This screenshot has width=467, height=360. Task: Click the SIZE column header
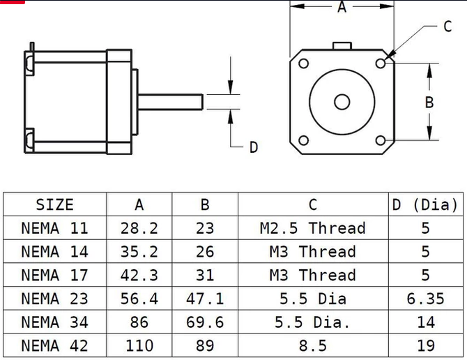(x=54, y=204)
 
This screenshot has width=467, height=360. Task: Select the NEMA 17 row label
(x=54, y=275)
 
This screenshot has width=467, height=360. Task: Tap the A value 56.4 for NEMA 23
(x=139, y=299)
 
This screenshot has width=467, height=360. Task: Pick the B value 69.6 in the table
(x=205, y=322)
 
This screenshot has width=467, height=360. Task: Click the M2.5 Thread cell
(x=312, y=228)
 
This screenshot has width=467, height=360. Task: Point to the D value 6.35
(x=425, y=299)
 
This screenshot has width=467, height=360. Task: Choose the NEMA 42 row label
(x=54, y=345)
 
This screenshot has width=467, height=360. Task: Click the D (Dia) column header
(x=425, y=204)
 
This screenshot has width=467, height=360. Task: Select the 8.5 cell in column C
(x=312, y=345)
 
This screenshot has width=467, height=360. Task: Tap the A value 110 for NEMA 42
(x=139, y=345)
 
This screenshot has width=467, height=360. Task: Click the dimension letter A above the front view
(x=342, y=8)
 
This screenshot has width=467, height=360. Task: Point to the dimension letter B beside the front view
(x=429, y=102)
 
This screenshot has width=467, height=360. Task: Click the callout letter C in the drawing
(x=447, y=27)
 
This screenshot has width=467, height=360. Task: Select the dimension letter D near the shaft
(x=254, y=147)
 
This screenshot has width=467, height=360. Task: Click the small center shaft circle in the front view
(x=342, y=102)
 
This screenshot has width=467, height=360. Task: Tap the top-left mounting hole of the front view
(x=303, y=63)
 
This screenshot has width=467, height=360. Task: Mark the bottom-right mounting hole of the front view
(x=381, y=140)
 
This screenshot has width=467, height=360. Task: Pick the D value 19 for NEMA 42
(x=425, y=345)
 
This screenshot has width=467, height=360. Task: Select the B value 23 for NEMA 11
(x=205, y=228)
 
